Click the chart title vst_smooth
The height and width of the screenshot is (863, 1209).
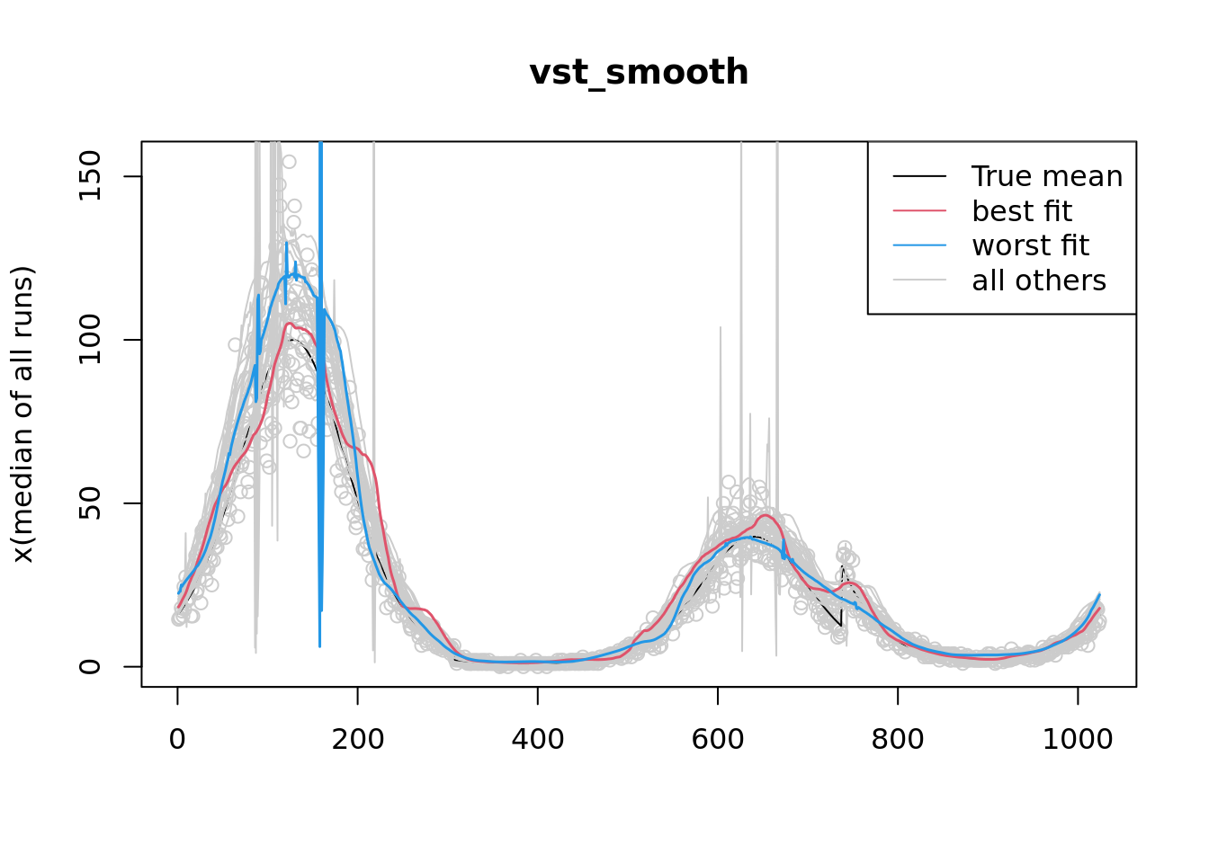tap(639, 73)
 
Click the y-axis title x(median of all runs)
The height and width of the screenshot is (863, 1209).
tap(23, 414)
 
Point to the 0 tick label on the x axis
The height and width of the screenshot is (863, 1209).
tap(177, 739)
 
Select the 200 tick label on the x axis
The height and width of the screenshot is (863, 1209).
tap(357, 739)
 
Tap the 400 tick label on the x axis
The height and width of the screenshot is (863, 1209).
tap(537, 739)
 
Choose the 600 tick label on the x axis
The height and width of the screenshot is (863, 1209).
tap(717, 739)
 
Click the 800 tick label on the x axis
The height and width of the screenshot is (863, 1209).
tap(897, 739)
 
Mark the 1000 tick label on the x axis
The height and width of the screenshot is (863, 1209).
tap(1077, 739)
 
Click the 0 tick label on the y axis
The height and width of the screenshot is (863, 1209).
tap(90, 666)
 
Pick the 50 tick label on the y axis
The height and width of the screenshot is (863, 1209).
tap(90, 503)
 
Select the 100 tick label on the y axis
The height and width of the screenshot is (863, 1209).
tap(90, 340)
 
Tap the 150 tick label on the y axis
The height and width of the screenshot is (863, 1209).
tap(90, 176)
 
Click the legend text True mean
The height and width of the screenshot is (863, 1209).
tap(1047, 177)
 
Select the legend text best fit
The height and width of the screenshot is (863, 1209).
tap(1022, 211)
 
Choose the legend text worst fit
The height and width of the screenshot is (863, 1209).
tap(1030, 245)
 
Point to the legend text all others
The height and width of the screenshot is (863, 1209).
tap(1039, 280)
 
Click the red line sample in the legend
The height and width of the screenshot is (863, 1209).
tap(919, 211)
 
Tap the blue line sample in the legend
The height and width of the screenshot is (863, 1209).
tap(919, 245)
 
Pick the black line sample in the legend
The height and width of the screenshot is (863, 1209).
tap(919, 177)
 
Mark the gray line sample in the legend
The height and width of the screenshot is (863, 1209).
tap(919, 280)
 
